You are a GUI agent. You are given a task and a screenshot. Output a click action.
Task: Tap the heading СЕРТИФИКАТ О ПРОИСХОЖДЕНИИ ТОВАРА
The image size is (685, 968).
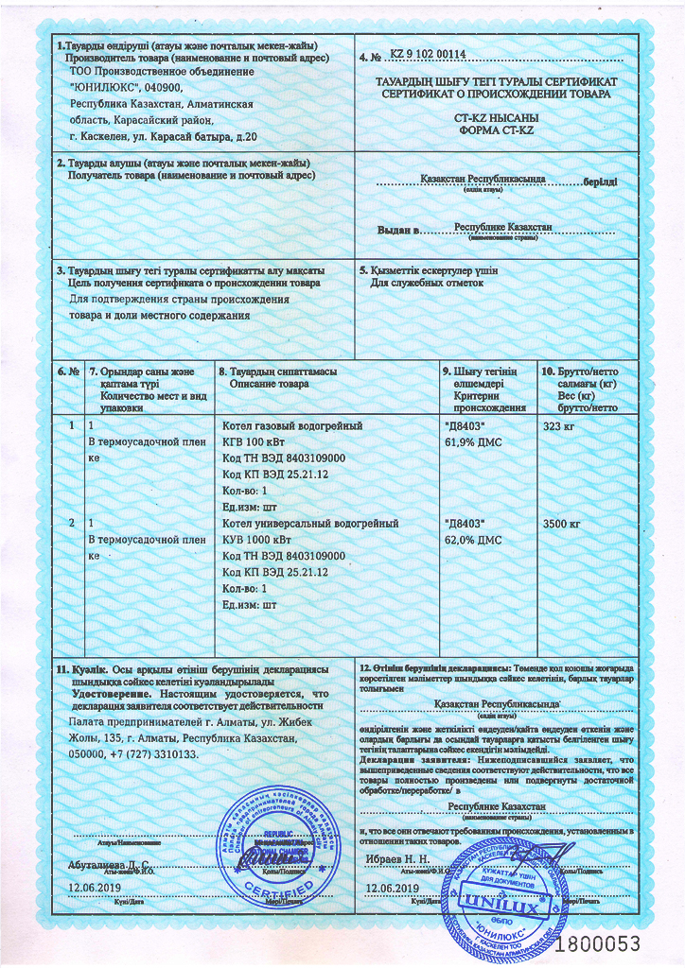click(496, 95)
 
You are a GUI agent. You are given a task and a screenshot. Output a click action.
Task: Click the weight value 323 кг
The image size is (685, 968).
click(556, 427)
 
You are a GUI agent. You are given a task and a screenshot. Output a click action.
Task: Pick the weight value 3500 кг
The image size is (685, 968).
click(562, 523)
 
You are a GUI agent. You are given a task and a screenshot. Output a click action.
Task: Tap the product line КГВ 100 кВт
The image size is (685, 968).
click(252, 442)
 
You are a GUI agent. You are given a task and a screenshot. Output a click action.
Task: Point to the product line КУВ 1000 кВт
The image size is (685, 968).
click(255, 539)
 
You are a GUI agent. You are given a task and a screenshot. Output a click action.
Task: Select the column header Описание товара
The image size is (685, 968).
click(269, 385)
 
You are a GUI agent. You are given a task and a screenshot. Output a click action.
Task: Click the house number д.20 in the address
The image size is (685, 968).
click(244, 138)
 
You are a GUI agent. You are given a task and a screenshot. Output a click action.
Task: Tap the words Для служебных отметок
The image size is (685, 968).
click(426, 283)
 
